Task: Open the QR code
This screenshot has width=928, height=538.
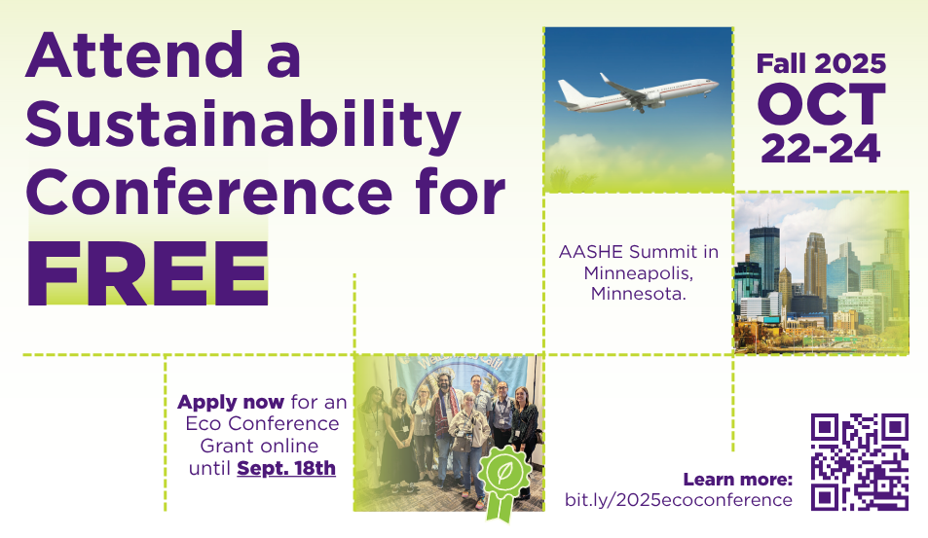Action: (860, 462)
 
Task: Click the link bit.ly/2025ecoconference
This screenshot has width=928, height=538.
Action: (679, 500)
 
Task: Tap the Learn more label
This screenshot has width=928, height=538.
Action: (738, 479)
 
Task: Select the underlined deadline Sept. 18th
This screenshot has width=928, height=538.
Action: (286, 469)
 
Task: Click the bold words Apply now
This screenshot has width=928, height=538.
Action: (231, 402)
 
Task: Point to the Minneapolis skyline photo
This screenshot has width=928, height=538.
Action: (820, 272)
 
